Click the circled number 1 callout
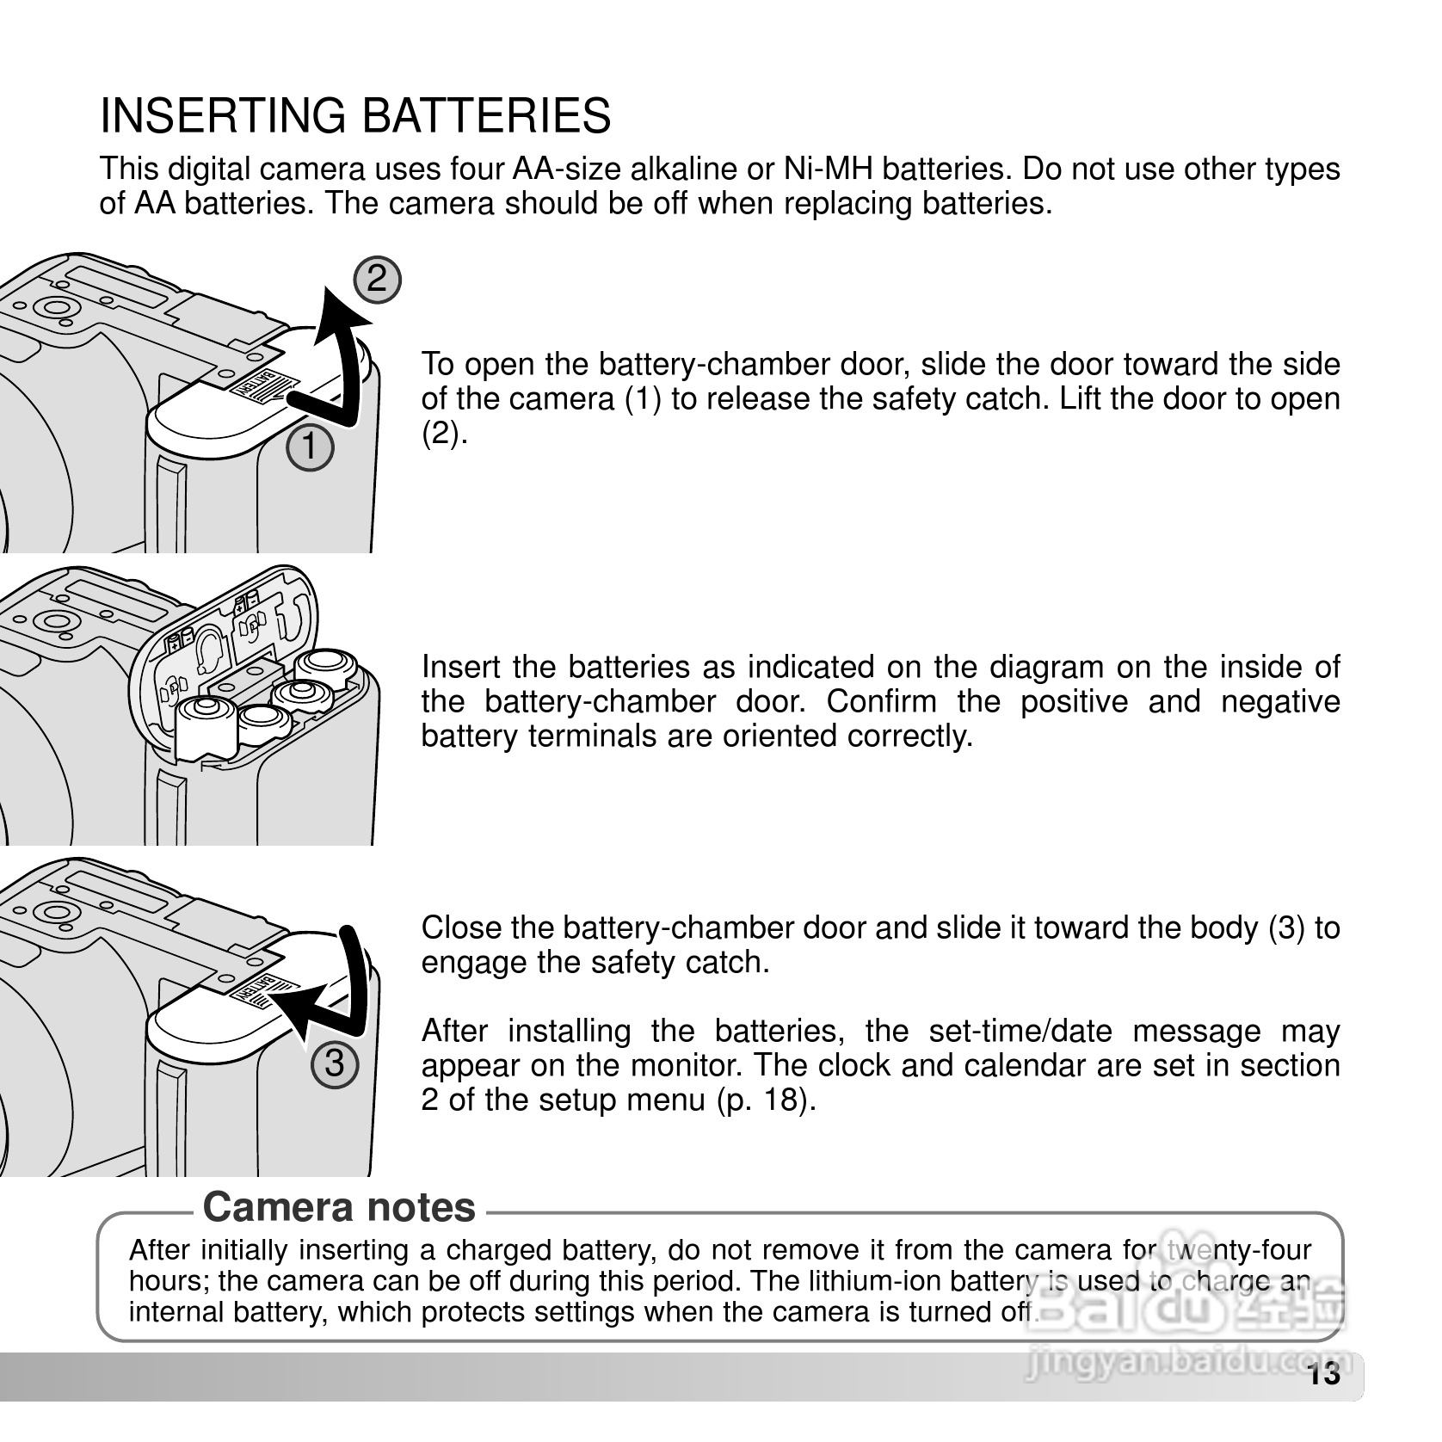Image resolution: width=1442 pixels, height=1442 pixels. (x=311, y=448)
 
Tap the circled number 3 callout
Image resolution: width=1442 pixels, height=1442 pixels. (x=334, y=1064)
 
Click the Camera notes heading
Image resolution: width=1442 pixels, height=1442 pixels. (x=339, y=1207)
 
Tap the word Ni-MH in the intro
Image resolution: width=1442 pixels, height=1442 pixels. (x=828, y=169)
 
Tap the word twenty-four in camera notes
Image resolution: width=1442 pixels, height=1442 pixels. (x=1237, y=1250)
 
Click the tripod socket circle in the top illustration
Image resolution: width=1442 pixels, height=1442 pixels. (x=52, y=308)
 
